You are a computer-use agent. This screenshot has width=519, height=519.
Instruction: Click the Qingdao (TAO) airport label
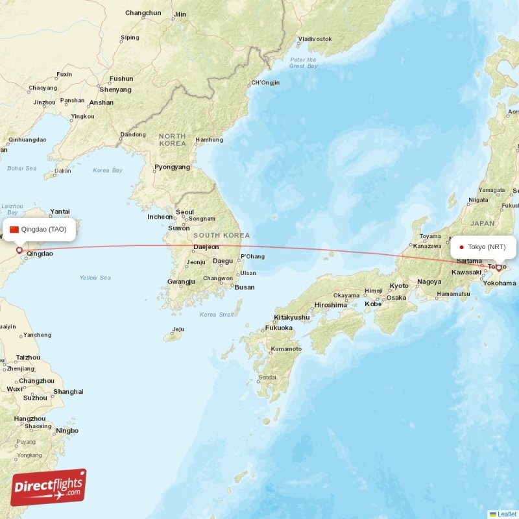pyautogui.click(x=43, y=229)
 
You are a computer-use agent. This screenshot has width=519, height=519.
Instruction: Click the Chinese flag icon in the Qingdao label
pyautogui.click(x=14, y=229)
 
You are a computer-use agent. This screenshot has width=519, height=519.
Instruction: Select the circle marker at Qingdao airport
pyautogui.click(x=19, y=250)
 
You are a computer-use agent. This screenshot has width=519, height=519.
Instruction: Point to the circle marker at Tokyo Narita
pyautogui.click(x=498, y=267)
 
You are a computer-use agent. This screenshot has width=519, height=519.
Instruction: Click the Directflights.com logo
pyautogui.click(x=49, y=487)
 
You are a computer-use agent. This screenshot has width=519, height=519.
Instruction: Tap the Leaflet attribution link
pyautogui.click(x=507, y=514)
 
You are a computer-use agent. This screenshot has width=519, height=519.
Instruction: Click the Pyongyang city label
pyautogui.click(x=172, y=167)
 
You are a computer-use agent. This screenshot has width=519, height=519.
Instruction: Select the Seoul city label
pyautogui.click(x=185, y=212)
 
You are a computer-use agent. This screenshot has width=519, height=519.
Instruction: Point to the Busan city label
pyautogui.click(x=245, y=287)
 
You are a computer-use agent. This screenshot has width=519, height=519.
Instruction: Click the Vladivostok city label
pyautogui.click(x=315, y=39)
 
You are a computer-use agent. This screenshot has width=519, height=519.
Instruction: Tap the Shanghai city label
pyautogui.click(x=68, y=392)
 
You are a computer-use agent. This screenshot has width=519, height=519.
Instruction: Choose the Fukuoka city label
pyautogui.click(x=278, y=328)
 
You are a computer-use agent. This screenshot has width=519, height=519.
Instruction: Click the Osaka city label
pyautogui.click(x=396, y=298)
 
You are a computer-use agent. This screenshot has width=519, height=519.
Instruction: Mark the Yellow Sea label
pyautogui.click(x=95, y=278)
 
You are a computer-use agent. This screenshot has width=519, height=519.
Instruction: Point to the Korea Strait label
pyautogui.click(x=217, y=315)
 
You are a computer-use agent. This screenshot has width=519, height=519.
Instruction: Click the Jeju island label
pyautogui.click(x=178, y=329)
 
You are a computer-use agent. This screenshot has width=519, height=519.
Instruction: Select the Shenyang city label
pyautogui.click(x=115, y=90)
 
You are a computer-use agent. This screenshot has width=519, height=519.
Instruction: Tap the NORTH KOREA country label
pyautogui.click(x=173, y=139)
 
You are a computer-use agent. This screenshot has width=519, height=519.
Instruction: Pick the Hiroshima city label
pyautogui.click(x=331, y=305)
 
